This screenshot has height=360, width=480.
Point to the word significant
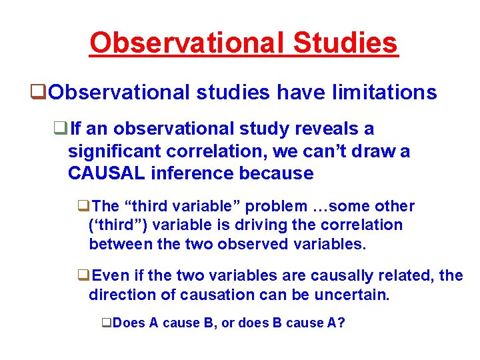115,151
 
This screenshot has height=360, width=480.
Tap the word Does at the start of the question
128,323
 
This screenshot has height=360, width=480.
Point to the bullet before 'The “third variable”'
83,207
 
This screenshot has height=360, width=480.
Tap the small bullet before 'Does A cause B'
106,323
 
